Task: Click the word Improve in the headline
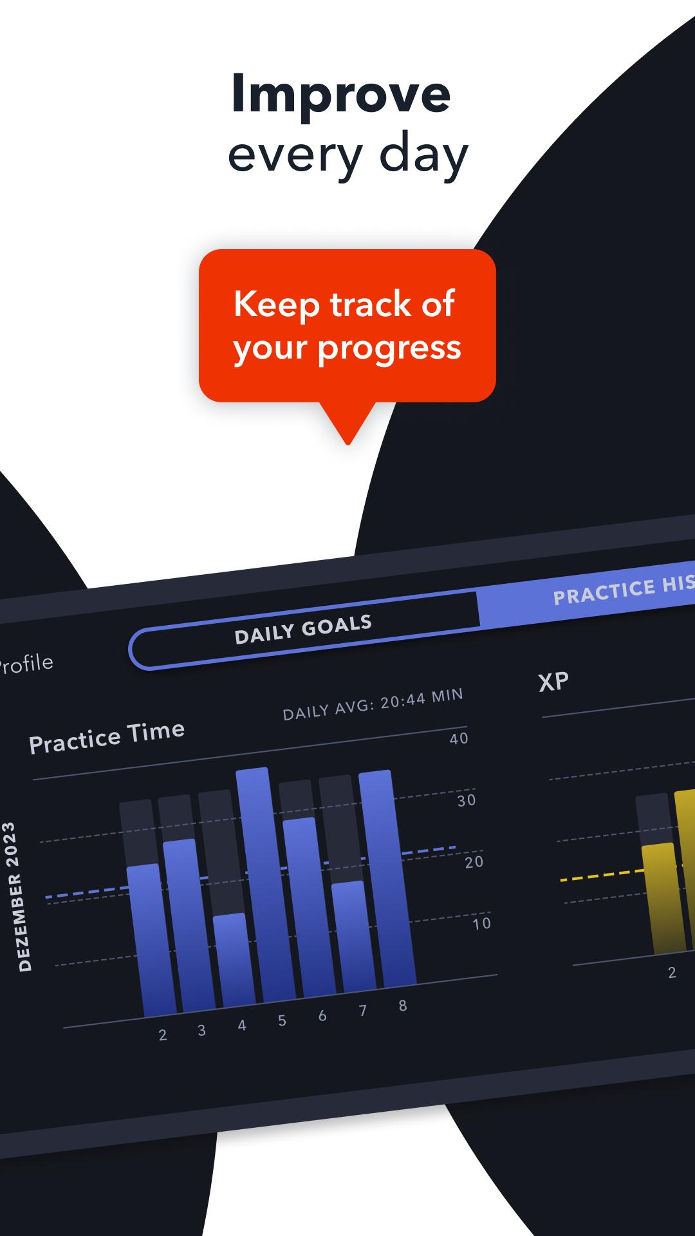pyautogui.click(x=340, y=95)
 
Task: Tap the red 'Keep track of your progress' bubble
pyautogui.click(x=347, y=326)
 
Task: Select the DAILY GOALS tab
pyautogui.click(x=303, y=629)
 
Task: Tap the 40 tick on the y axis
pyautogui.click(x=459, y=738)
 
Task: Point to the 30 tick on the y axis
pyautogui.click(x=467, y=800)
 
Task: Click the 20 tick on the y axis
pyautogui.click(x=474, y=862)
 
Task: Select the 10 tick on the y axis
pyautogui.click(x=482, y=923)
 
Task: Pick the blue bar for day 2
pyautogui.click(x=151, y=940)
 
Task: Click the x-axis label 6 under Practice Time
pyautogui.click(x=322, y=1016)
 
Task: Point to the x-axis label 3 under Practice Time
pyautogui.click(x=201, y=1031)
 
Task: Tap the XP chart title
pyautogui.click(x=553, y=682)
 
